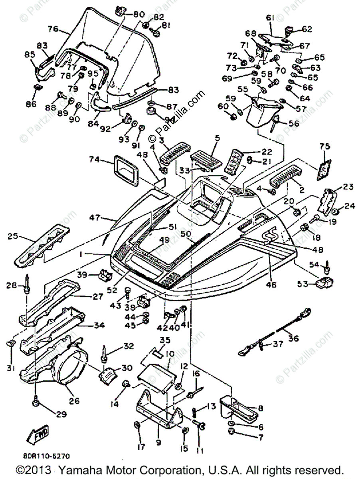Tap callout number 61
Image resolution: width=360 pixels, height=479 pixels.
click(x=270, y=17)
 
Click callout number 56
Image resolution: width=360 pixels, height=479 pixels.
click(x=294, y=124)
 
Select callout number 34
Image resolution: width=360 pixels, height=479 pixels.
click(x=99, y=325)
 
